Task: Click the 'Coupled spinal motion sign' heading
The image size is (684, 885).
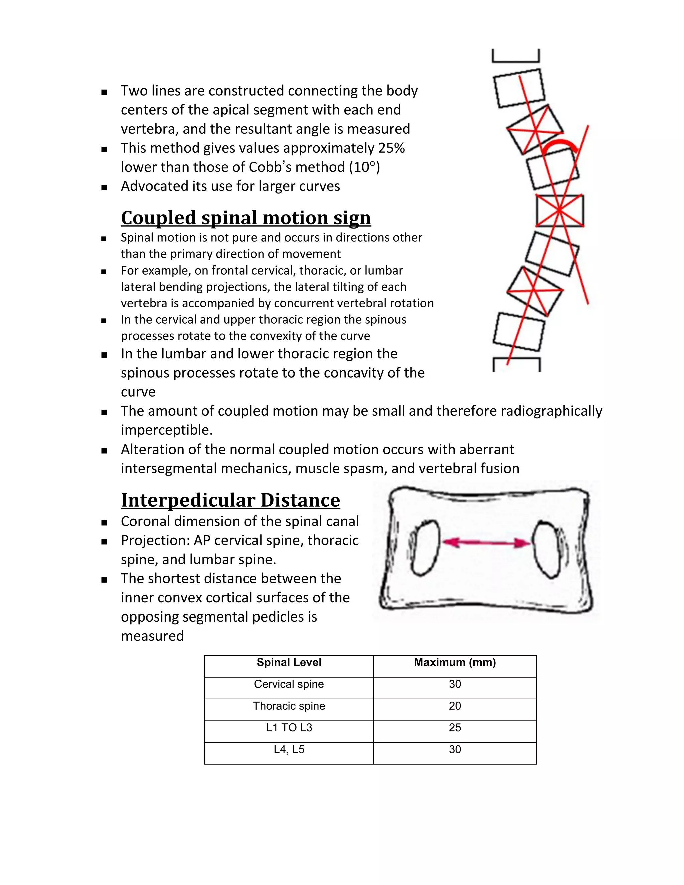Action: coord(245,218)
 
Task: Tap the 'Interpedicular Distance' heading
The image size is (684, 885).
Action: coord(230,500)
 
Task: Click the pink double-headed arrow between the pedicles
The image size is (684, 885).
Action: coord(486,542)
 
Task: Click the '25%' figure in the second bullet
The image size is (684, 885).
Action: coord(391,148)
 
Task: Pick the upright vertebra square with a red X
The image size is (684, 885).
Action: coord(560,210)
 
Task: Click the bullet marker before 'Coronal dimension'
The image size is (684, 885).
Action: coord(104,523)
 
